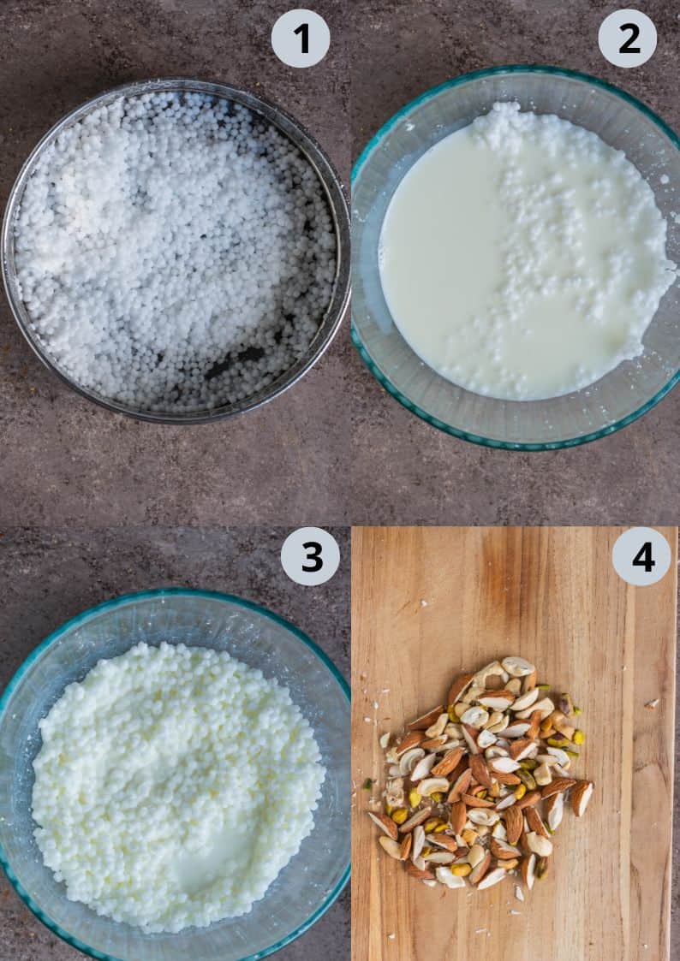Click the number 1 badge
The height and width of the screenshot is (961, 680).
[301, 39]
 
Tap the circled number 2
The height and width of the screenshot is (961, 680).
[627, 39]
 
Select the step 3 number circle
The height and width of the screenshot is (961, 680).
[310, 556]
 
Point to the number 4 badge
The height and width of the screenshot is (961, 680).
[641, 556]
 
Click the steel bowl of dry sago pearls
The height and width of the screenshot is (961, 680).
[176, 248]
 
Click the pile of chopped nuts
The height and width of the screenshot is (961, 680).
[480, 770]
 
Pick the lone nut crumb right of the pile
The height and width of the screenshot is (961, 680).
[651, 703]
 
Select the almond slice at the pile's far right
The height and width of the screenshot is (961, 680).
[582, 798]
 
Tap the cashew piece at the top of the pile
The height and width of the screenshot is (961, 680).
[517, 666]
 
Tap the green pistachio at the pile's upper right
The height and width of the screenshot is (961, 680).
[566, 703]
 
